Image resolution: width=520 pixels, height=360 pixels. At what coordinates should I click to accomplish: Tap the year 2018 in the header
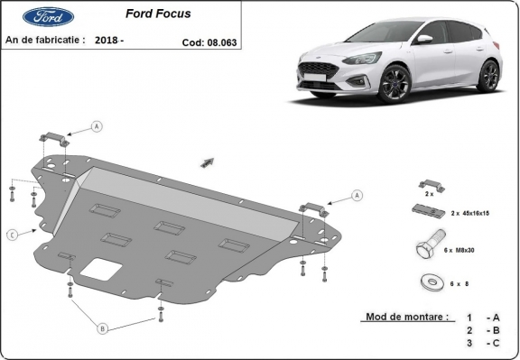[x=107, y=41]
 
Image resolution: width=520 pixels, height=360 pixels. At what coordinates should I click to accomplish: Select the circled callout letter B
[x=103, y=328]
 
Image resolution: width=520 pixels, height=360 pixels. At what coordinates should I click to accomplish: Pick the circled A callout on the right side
[x=357, y=195]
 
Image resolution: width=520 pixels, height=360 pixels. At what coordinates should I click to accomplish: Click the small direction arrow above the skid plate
[x=208, y=162]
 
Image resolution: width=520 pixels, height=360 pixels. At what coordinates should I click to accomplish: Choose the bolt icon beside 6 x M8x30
[x=428, y=247]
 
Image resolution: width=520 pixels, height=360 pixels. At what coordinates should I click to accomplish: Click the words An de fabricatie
[x=45, y=41]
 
